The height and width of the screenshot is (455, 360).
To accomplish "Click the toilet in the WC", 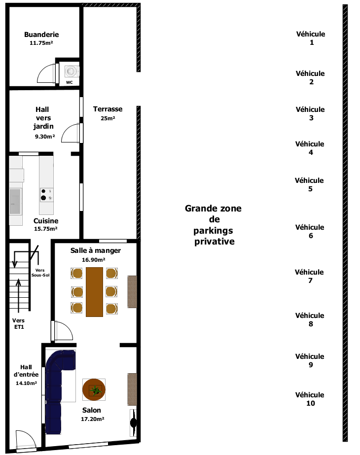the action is coord(72,71).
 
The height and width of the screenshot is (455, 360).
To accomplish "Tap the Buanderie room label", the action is coord(41,35).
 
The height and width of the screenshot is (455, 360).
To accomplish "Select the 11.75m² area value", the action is coord(41,43).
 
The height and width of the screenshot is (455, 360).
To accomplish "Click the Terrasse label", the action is coord(108,109).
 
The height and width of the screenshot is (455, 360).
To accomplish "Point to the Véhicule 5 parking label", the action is coord(309,184).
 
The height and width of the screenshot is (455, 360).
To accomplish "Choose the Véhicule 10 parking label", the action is coord(310,399).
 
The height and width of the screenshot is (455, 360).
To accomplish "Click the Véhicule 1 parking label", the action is coord(311,38).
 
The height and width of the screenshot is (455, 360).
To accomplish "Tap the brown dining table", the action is coord(94,292).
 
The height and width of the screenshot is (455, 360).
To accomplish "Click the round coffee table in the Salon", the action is coord(94,390).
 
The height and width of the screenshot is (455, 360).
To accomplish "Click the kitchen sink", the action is coord(15,202).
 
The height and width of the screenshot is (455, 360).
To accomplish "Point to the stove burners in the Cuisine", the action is coord(46,195).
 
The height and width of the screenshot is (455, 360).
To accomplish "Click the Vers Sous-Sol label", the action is coord(40,273).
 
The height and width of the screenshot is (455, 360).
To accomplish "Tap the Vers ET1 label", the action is coord(18,323).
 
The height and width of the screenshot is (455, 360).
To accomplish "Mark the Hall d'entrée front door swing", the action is coord(26,441).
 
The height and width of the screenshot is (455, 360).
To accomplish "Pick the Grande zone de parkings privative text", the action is coord(214,225).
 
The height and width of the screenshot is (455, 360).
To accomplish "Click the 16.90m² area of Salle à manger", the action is coord(94,260).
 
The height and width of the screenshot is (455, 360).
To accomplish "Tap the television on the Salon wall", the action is coord(133,422).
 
